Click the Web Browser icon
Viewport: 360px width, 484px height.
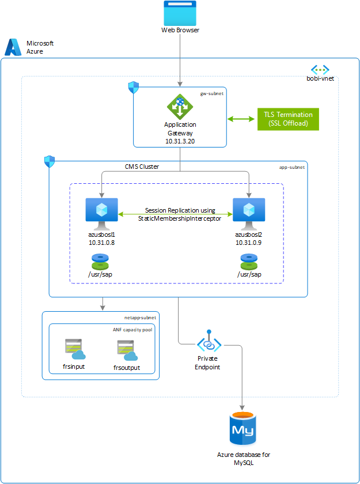[180, 12]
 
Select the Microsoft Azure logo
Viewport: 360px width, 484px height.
[14, 47]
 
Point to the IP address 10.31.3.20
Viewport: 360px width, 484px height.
[180, 140]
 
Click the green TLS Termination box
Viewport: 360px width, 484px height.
[288, 119]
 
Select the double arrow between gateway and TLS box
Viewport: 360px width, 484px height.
[241, 119]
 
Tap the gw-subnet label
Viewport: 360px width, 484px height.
[211, 93]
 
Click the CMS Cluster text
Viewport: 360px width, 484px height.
[142, 167]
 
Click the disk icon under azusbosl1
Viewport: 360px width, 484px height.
[102, 259]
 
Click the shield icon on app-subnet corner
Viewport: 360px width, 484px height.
[49, 161]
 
